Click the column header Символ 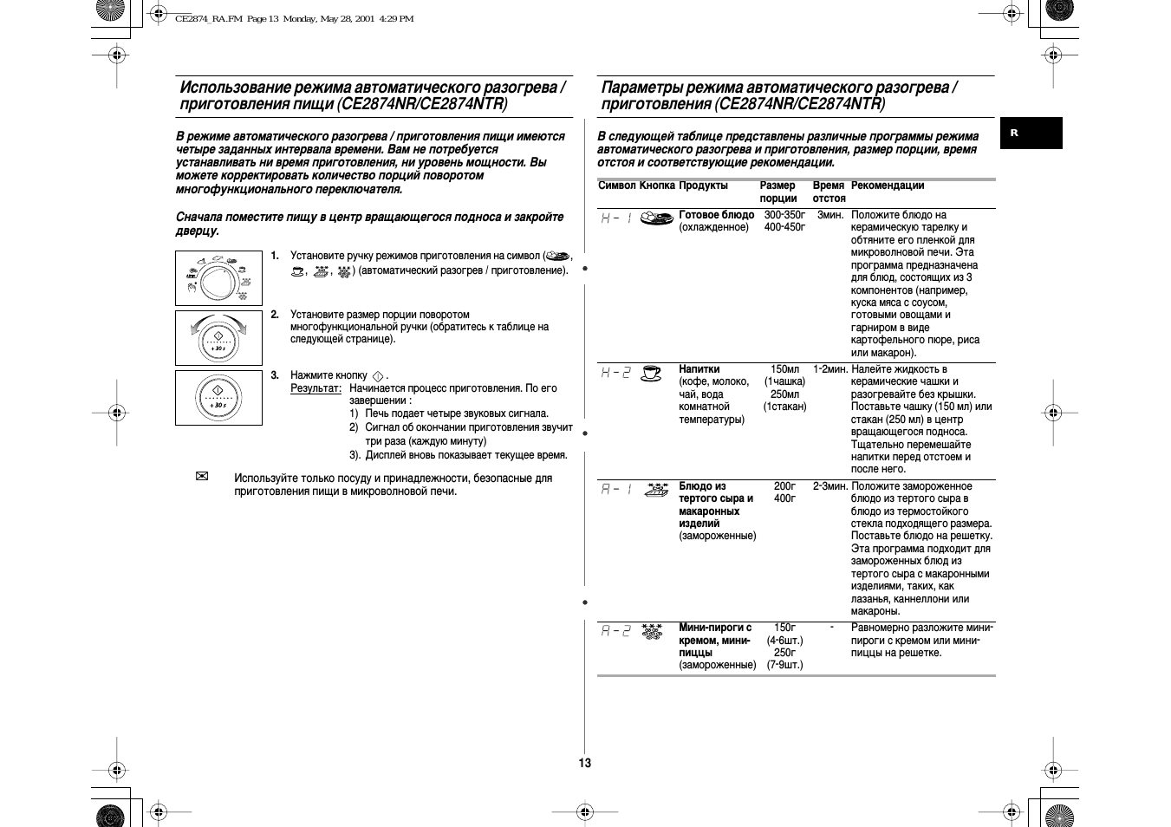616,186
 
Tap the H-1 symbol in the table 616,218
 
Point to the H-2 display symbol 616,373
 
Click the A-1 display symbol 616,490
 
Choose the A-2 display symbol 616,631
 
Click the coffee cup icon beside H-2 651,373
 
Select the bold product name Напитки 699,369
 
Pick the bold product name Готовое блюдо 716,215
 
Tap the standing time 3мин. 829,215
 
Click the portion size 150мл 784,369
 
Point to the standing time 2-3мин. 829,486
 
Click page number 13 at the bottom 585,763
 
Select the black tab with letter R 1031,133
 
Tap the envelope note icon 202,477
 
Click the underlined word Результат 315,388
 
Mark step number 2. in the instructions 274,315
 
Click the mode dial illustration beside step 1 218,277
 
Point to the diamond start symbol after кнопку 377,376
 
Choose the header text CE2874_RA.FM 208,19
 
